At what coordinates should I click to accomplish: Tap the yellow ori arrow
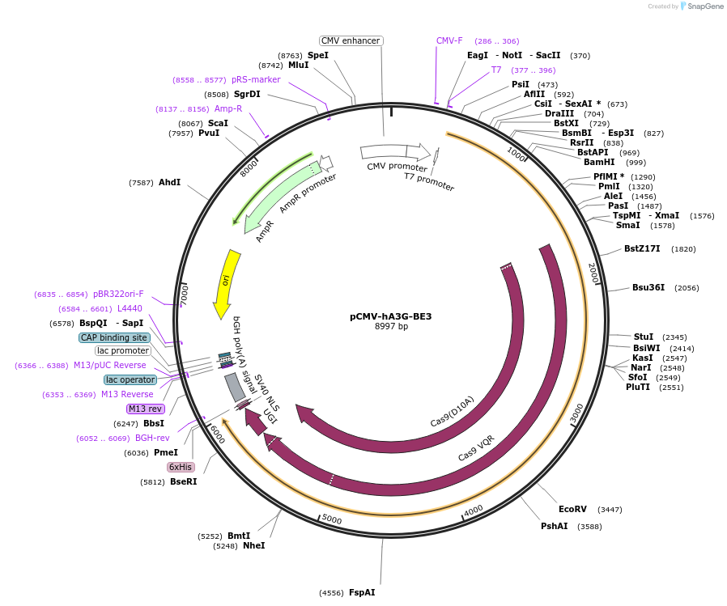tap(226, 282)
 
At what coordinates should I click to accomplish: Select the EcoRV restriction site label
tap(572, 509)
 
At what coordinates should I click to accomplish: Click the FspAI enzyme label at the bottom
tap(361, 592)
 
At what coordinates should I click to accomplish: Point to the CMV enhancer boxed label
tap(351, 40)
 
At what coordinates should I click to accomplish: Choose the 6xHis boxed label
tap(181, 467)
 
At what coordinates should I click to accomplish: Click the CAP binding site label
tap(114, 337)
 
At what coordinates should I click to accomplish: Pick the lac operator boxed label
tap(130, 379)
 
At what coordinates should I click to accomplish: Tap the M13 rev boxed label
tap(145, 409)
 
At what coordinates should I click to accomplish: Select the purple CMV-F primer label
tap(449, 40)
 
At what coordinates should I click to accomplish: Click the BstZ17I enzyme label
tap(642, 248)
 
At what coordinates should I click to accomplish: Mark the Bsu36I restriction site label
tap(648, 287)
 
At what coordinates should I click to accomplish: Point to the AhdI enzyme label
tap(169, 183)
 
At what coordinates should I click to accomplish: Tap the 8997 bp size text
tap(391, 327)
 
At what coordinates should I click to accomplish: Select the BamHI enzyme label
tap(603, 162)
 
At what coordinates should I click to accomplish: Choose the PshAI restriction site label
tap(554, 526)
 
